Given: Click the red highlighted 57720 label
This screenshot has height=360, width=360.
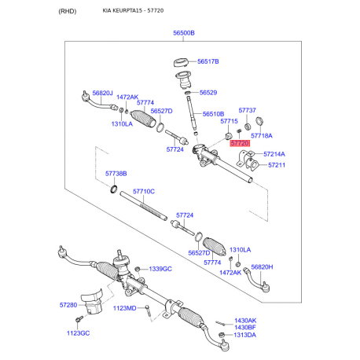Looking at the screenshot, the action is (240, 143).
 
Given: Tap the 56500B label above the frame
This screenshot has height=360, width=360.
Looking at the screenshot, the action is (184, 33).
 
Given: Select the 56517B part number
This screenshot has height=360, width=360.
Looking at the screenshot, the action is (208, 61).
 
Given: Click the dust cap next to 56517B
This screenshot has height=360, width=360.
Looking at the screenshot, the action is (181, 63).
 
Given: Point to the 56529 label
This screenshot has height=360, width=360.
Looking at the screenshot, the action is (208, 93).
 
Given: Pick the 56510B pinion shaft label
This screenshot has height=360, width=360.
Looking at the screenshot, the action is (213, 114).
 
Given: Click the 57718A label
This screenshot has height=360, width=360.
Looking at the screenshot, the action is (262, 136).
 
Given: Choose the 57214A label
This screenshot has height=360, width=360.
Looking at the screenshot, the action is (274, 154).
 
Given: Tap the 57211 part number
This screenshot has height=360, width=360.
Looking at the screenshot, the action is (277, 165).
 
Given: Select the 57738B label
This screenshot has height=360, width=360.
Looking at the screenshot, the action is (116, 174).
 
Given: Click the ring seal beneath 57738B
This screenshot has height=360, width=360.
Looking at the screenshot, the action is (114, 189).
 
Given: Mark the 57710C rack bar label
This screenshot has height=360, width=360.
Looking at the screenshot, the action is (144, 192).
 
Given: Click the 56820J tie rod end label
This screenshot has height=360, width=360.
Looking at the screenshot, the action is (102, 93).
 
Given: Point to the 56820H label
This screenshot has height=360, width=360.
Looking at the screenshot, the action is (262, 267).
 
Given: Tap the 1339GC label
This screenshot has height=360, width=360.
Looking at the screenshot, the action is (160, 269).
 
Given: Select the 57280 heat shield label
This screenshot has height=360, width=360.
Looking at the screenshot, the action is (68, 305).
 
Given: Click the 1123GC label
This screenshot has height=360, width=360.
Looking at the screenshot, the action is (78, 333).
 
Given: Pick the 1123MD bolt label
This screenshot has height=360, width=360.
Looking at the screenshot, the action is (124, 308).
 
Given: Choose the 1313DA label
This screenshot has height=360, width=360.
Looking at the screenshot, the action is (244, 335).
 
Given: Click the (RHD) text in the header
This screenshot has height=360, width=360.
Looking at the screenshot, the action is (68, 11).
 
